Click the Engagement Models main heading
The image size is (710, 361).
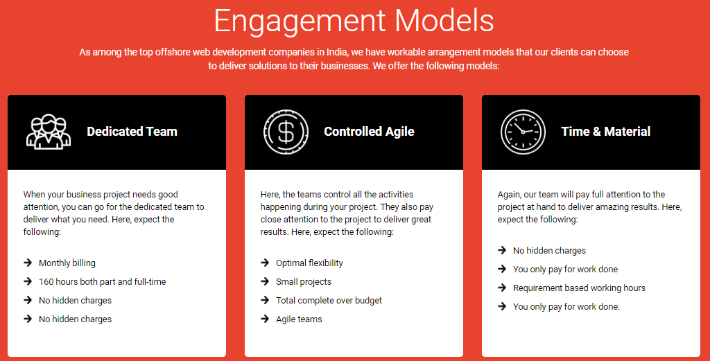coord(354,21)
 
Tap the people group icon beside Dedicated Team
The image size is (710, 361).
coord(49,132)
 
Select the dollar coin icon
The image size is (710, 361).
coord(286,132)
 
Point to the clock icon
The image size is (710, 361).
coord(523,132)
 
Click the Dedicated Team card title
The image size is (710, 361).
coord(132,132)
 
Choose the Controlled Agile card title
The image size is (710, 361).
coord(369,132)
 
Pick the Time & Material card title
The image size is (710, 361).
coord(606,132)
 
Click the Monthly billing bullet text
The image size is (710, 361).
coord(67,263)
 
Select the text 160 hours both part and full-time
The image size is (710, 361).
coord(103,281)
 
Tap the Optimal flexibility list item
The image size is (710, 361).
coord(309,263)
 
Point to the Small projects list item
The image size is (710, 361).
coord(304,281)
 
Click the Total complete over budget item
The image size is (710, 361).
coord(329,301)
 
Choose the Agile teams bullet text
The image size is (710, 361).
coord(299,319)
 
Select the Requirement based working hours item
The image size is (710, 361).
coord(579,288)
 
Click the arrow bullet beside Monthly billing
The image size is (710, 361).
coord(28,263)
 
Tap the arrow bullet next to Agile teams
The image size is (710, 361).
coord(265,319)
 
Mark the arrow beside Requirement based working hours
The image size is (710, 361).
coord(502,288)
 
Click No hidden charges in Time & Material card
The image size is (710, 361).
coord(549,250)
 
